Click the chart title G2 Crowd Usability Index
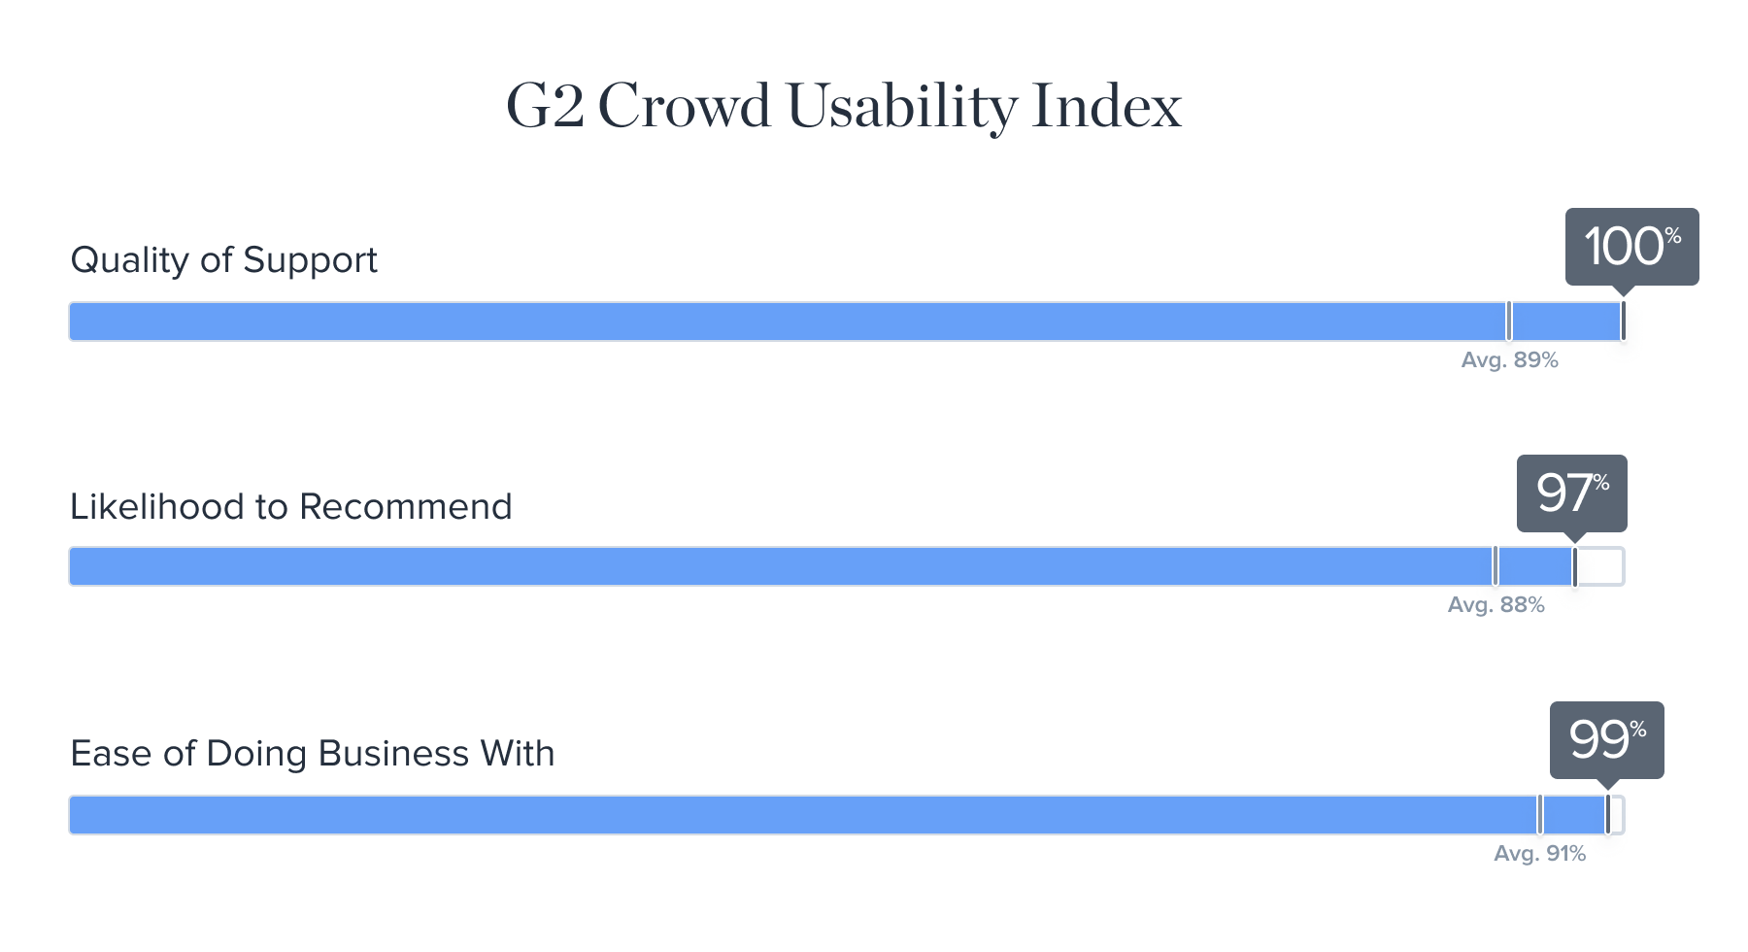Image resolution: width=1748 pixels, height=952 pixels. pos(844,106)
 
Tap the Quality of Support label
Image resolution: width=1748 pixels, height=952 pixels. pos(223,260)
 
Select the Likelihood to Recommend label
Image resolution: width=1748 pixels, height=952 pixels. pos(290,506)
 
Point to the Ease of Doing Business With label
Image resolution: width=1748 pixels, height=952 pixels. pos(312,754)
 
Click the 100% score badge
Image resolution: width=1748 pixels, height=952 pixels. pos(1631,247)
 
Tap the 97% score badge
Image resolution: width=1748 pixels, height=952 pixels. pos(1571,493)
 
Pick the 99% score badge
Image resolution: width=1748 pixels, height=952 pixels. pos(1606,740)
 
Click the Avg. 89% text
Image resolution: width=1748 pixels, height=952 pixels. pos(1509,360)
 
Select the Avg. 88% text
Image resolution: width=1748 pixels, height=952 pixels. pos(1496,605)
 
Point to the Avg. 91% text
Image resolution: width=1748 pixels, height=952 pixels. pos(1539,854)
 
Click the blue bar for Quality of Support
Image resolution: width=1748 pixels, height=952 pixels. pos(846,322)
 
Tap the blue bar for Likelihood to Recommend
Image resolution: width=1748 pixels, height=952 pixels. pos(822,566)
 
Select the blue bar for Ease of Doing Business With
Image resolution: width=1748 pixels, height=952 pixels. pos(838,815)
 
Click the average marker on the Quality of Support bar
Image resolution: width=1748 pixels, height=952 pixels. pos(1508,322)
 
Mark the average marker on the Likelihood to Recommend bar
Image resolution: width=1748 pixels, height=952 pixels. pos(1495,566)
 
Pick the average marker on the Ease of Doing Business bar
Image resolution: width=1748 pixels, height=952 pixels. pos(1539,815)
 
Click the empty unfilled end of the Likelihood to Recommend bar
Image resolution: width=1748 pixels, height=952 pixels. pos(1600,566)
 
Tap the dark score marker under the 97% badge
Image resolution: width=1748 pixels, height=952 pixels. pos(1574,566)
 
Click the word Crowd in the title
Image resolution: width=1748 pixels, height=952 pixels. pos(684,106)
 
